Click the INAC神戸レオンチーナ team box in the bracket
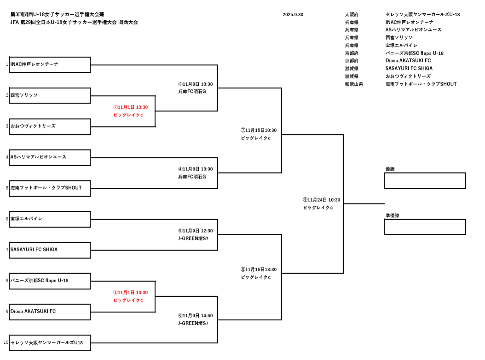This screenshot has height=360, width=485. click(50, 65)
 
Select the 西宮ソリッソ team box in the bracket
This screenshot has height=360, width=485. click(50, 96)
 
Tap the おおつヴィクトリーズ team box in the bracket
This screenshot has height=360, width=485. click(50, 127)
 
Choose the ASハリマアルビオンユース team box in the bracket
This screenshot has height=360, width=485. click(50, 157)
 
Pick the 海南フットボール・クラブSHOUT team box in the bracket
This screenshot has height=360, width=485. click(50, 188)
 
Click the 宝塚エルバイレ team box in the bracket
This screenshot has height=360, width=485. click(50, 219)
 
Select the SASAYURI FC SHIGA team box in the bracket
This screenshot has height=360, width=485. click(50, 250)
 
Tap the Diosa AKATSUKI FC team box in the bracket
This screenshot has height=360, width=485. click(50, 312)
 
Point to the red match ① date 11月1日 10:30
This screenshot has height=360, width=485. click(131, 292)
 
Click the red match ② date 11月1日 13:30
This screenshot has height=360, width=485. click(131, 107)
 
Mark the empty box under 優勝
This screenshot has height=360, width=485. click(425, 180)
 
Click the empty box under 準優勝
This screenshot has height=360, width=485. click(425, 227)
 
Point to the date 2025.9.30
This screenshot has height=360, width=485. click(293, 15)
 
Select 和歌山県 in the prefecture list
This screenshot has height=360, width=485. click(354, 84)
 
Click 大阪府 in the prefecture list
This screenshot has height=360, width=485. click(352, 15)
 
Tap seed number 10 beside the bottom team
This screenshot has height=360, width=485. click(6, 343)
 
